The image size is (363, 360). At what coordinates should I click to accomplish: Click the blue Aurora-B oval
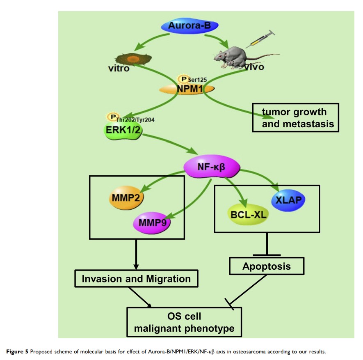pos(189,26)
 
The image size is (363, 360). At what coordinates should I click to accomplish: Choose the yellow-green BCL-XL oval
pos(248,214)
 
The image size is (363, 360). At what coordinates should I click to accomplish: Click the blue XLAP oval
pos(289,199)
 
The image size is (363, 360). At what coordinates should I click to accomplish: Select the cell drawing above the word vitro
pos(132,59)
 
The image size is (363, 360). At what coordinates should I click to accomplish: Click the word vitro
pos(119,69)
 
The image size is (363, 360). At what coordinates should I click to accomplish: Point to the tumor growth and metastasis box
pos(295,118)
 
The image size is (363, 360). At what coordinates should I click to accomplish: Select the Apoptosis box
pos(267,266)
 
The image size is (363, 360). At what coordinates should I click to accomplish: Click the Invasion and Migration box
pos(136,279)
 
